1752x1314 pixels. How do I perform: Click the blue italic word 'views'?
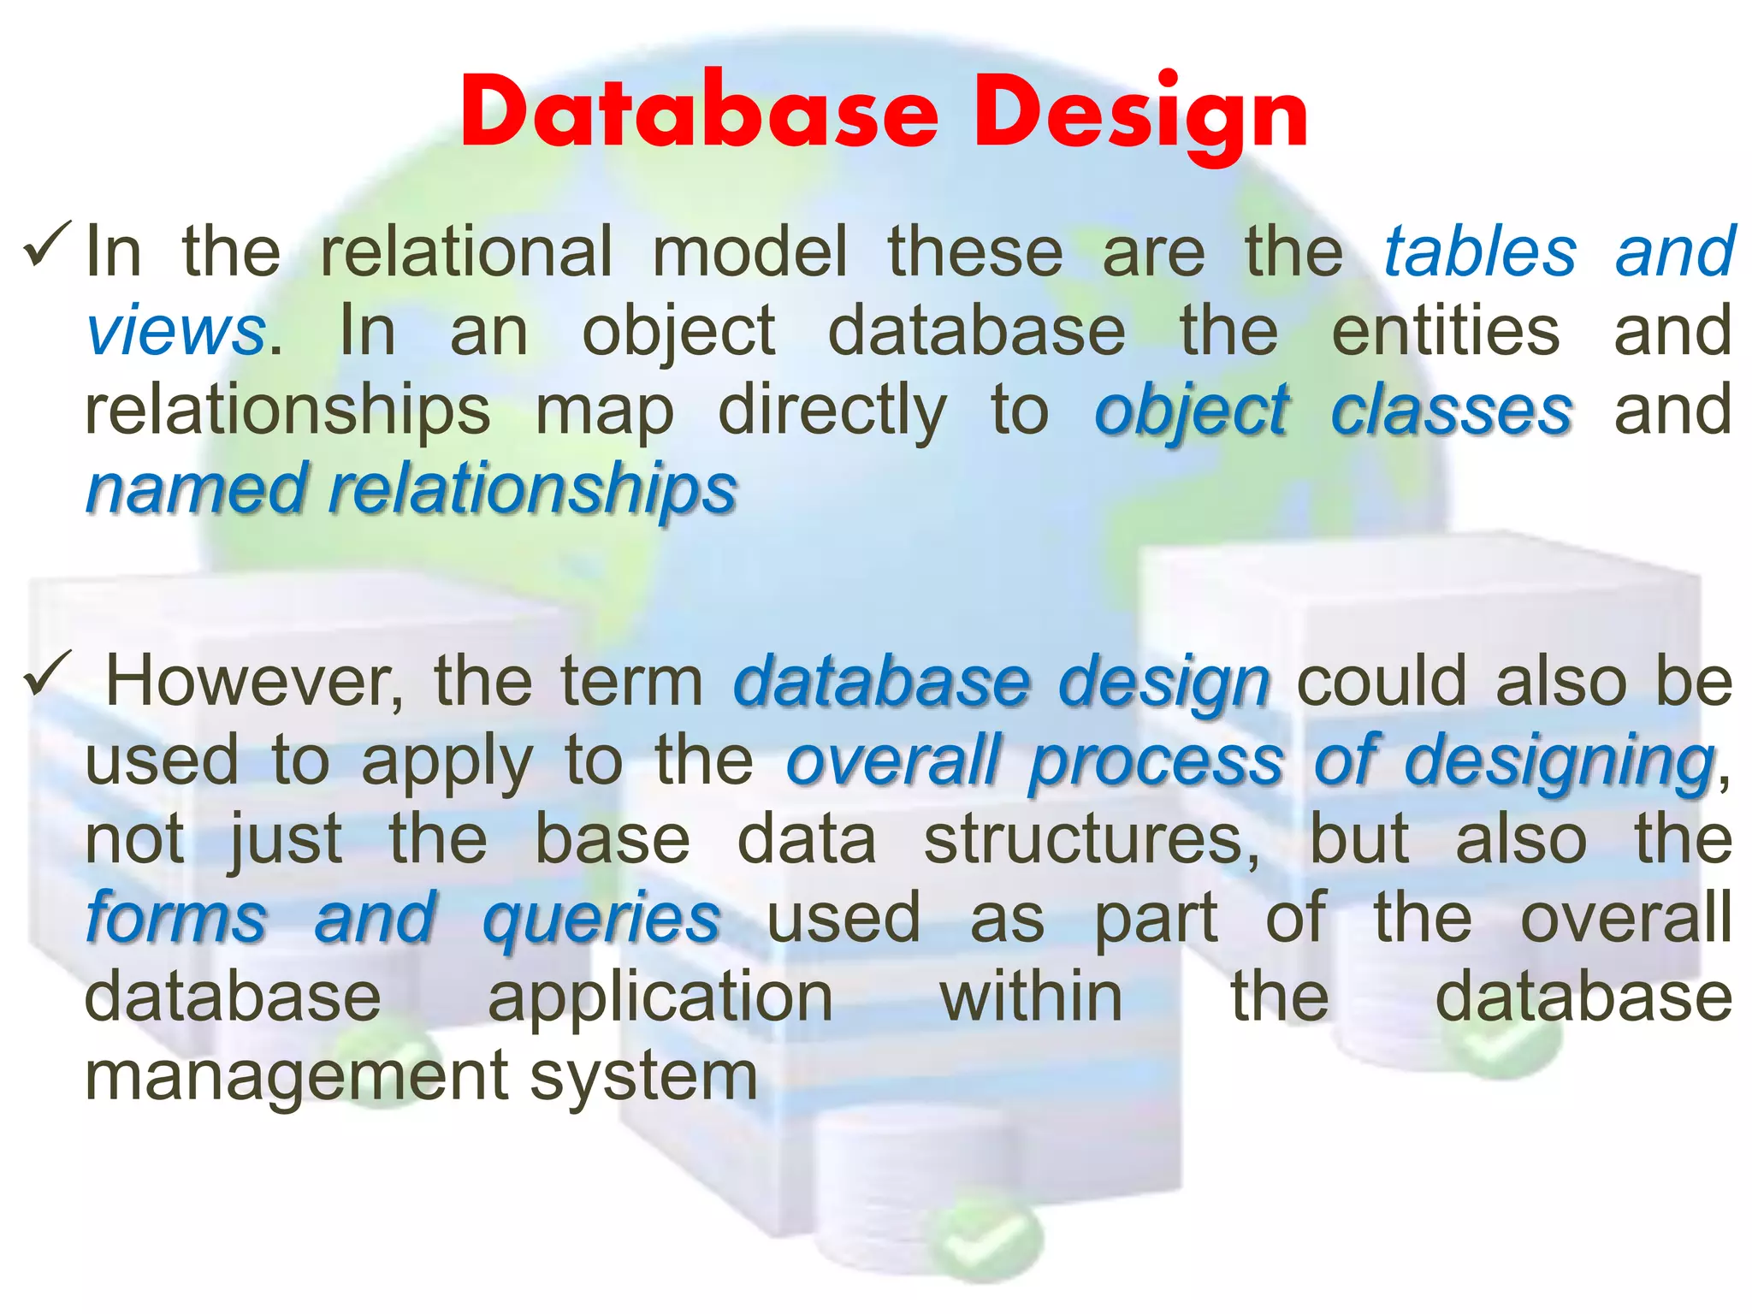coord(175,331)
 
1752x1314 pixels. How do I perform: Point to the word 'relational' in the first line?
coord(466,252)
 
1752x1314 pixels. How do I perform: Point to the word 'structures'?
coord(1092,840)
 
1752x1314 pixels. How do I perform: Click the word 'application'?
coord(660,998)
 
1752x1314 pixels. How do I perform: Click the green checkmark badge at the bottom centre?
coord(985,1239)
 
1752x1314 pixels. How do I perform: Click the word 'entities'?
coord(1446,331)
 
